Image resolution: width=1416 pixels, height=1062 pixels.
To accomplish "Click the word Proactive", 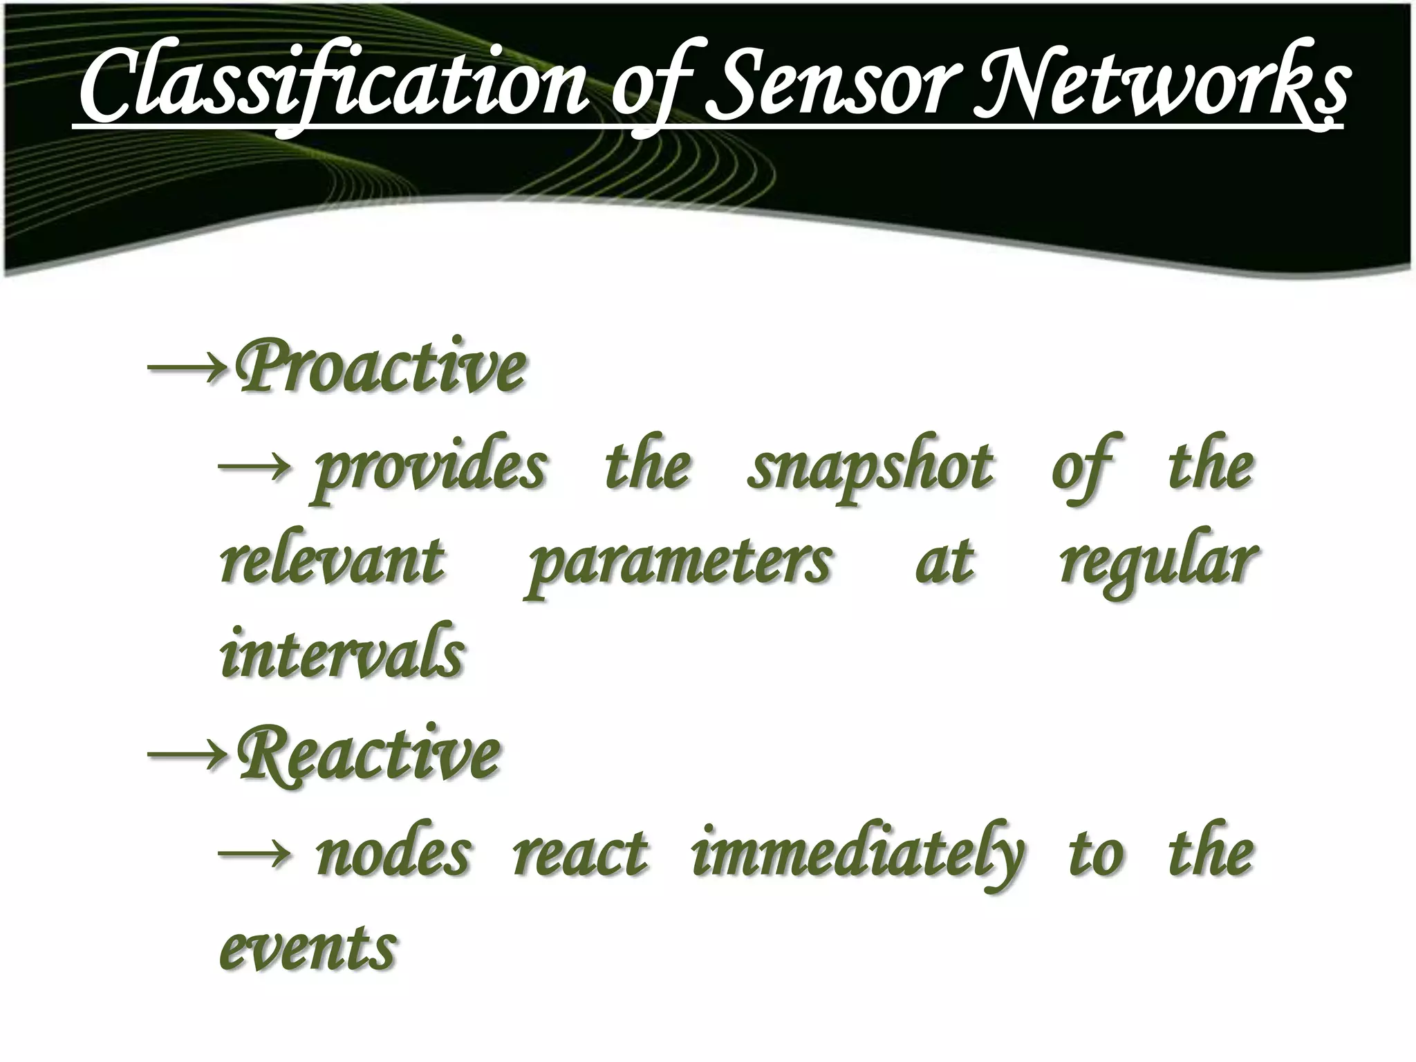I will pyautogui.click(x=380, y=366).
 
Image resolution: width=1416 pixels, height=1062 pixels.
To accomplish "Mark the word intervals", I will pyautogui.click(x=342, y=654).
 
